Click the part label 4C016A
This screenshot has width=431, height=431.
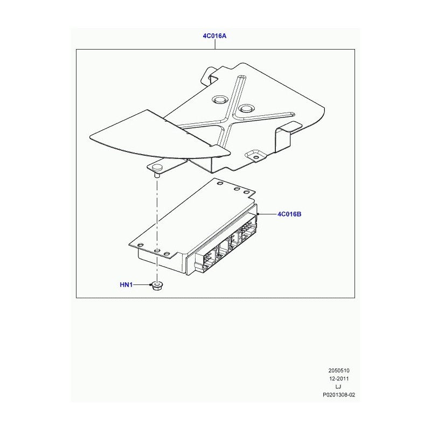[x=214, y=36]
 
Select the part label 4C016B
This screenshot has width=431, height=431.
[x=289, y=214]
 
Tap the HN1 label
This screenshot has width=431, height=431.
[x=126, y=285]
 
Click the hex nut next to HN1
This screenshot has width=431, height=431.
[x=157, y=286]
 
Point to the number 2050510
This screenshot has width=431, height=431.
[x=339, y=371]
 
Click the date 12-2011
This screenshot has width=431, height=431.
[x=339, y=379]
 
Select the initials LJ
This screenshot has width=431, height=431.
[x=338, y=387]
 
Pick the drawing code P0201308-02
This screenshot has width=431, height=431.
[x=339, y=395]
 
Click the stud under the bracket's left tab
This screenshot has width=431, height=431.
[x=157, y=175]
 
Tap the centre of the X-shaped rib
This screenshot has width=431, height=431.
[x=228, y=121]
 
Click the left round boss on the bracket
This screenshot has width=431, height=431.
[x=220, y=100]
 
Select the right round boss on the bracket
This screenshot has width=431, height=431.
[x=246, y=108]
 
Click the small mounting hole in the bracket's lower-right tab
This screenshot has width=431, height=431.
[x=256, y=157]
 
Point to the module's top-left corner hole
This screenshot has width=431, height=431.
[x=220, y=183]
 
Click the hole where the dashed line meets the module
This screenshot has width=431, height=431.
[x=157, y=251]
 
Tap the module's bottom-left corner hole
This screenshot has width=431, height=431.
[x=140, y=245]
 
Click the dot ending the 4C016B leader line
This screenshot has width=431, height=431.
[x=258, y=214]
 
